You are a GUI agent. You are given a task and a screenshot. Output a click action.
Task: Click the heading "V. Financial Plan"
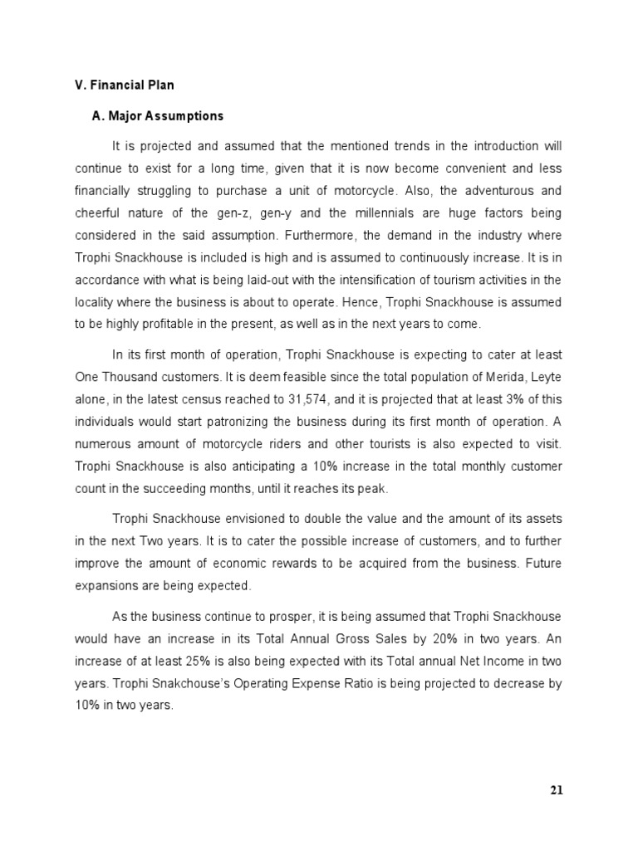[125, 85]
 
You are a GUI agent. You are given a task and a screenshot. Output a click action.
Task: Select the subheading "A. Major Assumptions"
[158, 116]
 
